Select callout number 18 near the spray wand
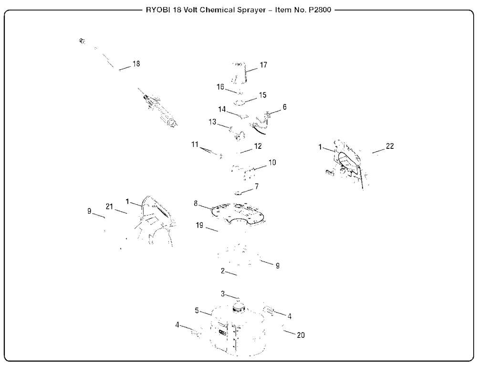[136, 64]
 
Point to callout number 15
[262, 95]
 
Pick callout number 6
[284, 107]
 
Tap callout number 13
[213, 123]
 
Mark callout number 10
[272, 162]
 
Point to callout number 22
[390, 146]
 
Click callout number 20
[301, 334]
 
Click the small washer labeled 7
[238, 193]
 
